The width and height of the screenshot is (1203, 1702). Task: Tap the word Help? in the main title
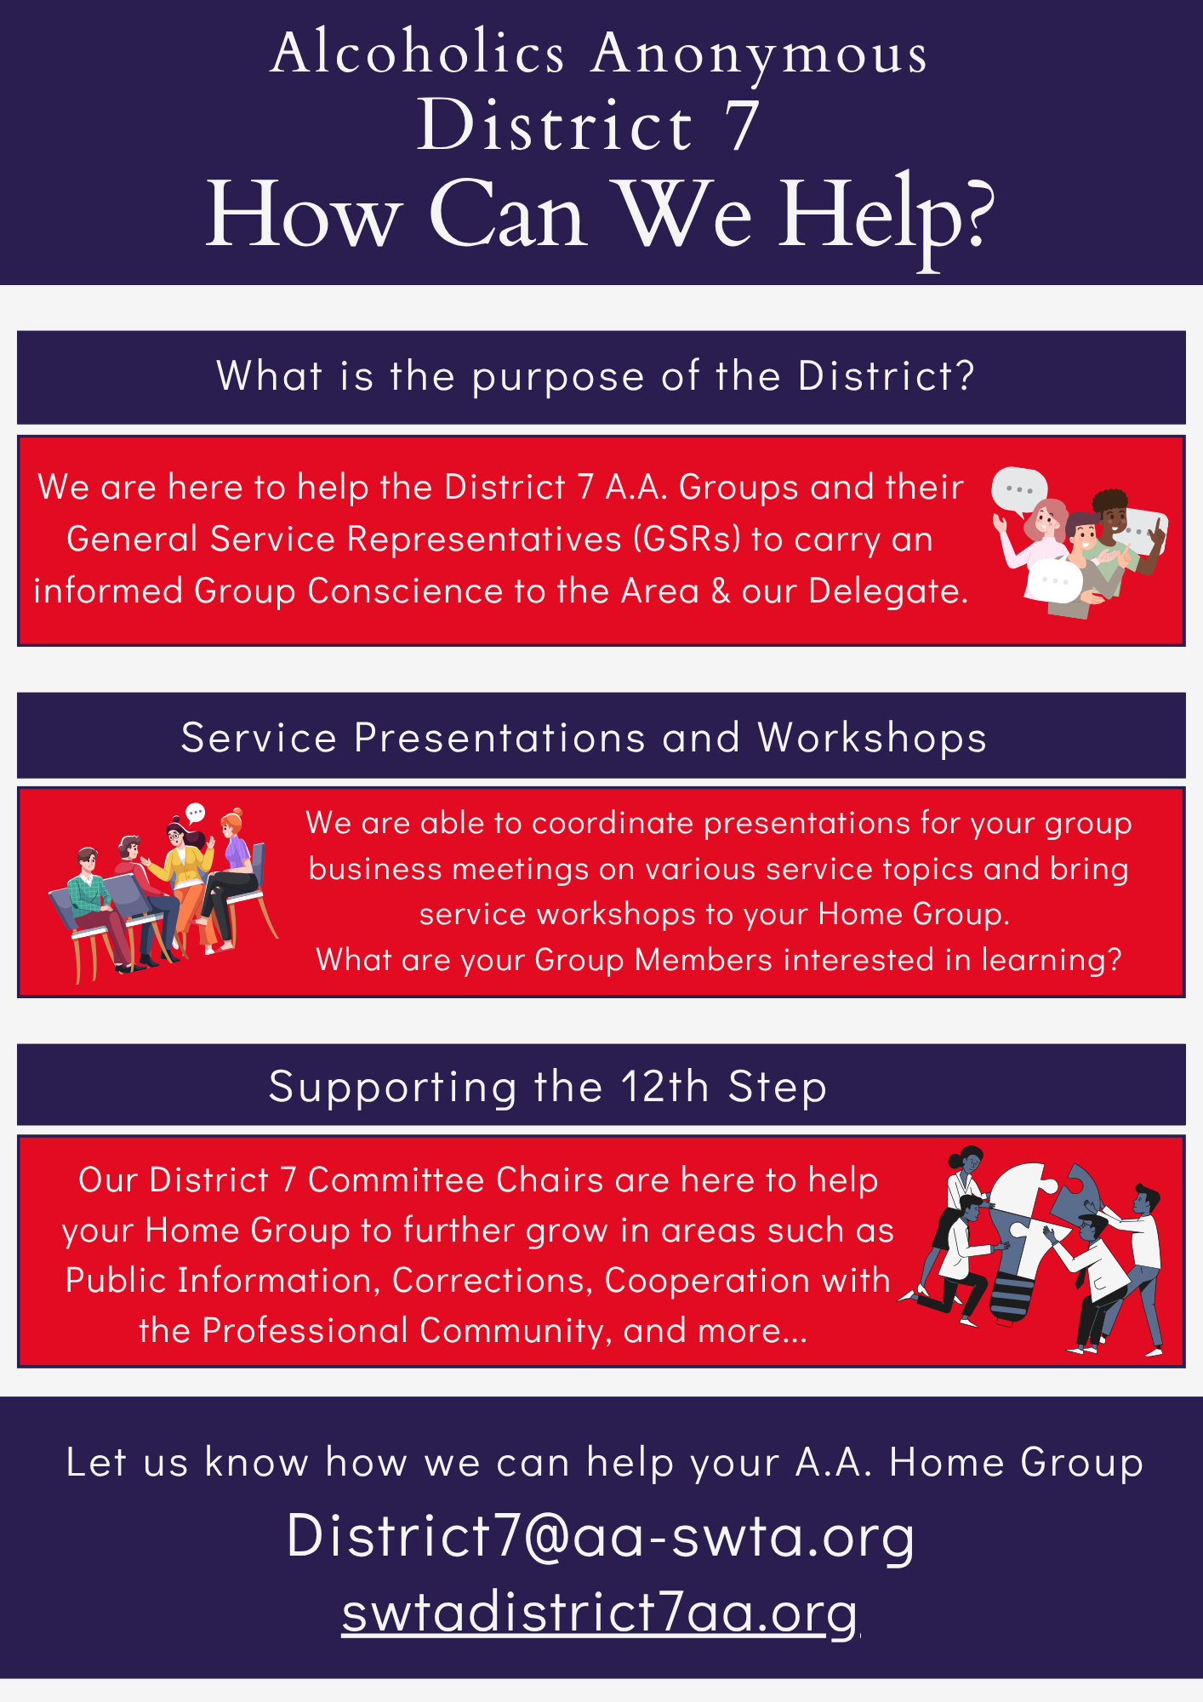[x=887, y=218]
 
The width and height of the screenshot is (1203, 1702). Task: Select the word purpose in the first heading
[x=558, y=377]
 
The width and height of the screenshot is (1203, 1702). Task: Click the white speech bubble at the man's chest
[x=1055, y=580]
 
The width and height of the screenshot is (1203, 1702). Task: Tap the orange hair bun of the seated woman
[x=237, y=814]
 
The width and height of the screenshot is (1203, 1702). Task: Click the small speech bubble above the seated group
[x=196, y=813]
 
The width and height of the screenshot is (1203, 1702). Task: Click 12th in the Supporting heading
[x=664, y=1087]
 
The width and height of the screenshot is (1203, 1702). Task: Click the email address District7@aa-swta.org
[x=601, y=1537]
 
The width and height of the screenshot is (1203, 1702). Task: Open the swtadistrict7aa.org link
[x=601, y=1612]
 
